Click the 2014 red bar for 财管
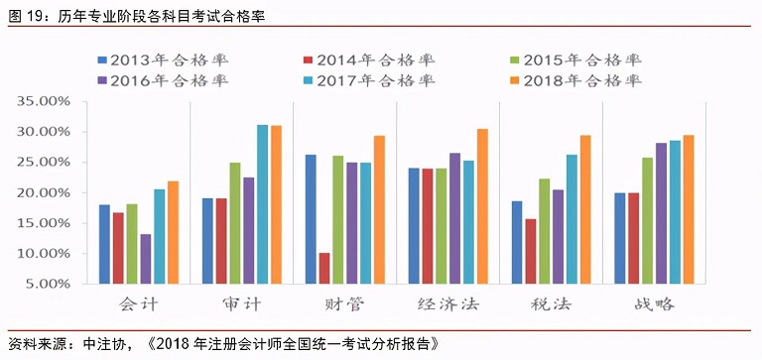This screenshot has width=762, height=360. (324, 268)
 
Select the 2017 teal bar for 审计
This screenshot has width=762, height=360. (263, 204)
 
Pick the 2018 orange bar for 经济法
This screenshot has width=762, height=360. (483, 206)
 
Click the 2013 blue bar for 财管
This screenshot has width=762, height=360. (311, 219)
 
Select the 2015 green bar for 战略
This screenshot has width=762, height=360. (647, 220)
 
